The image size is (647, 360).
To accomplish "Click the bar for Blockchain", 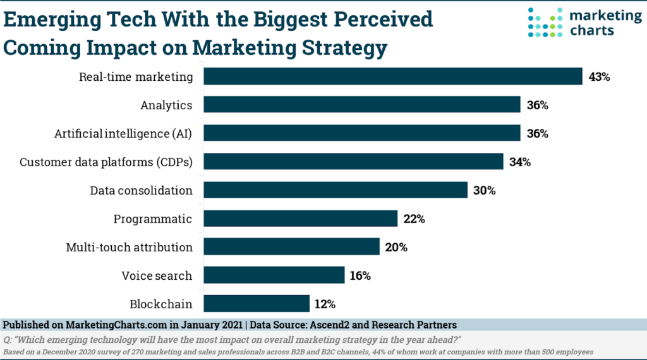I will point(257,304).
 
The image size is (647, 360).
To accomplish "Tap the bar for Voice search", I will point(274,275).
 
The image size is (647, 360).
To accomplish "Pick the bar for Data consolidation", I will point(336,190).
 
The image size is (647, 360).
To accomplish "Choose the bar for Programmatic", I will point(301,219).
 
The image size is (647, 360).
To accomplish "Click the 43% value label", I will point(599,77).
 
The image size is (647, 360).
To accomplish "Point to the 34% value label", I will point(520,162).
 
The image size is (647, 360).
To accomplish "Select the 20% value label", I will point(396,248).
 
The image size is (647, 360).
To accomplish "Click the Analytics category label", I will point(166,105).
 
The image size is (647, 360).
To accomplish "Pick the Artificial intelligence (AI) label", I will point(123,134).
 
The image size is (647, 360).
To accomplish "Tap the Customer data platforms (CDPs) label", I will point(106,162).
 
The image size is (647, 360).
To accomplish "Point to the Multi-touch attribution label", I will point(129,248).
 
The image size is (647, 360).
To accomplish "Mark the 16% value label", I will point(361,276).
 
